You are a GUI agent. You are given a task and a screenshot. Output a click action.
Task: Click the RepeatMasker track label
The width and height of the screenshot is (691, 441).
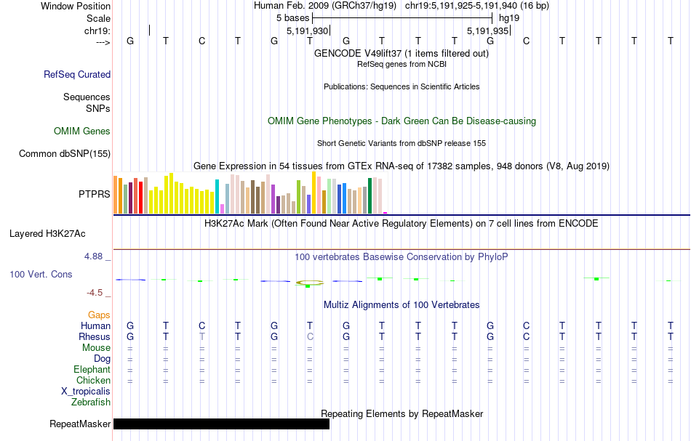(80, 424)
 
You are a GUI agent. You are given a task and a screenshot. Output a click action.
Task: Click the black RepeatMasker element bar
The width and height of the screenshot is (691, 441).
(221, 424)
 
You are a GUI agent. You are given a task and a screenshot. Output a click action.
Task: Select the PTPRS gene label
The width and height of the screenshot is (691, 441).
(94, 194)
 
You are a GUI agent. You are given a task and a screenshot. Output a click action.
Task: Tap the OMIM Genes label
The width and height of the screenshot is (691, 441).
(82, 132)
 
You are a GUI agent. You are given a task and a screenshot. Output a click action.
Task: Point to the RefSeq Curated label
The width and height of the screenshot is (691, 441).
(77, 74)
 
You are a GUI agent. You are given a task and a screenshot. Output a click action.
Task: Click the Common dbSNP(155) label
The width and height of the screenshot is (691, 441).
(65, 154)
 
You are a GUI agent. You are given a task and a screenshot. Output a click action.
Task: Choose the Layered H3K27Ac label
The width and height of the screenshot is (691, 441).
(47, 234)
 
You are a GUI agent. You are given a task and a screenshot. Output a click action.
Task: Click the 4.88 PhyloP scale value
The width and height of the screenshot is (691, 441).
(97, 256)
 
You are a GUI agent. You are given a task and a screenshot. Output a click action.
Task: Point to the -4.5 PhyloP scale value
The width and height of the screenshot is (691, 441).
(97, 293)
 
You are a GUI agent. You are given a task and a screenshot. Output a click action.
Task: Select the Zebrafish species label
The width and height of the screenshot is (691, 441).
(91, 402)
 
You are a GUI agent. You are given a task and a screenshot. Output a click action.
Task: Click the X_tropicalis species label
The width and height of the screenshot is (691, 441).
(86, 391)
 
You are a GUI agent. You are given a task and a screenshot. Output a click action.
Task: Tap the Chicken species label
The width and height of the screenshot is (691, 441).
(93, 380)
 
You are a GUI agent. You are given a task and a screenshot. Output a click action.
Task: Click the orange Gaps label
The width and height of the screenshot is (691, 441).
(99, 315)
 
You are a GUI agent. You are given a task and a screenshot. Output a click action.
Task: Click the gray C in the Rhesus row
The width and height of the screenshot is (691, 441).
(310, 337)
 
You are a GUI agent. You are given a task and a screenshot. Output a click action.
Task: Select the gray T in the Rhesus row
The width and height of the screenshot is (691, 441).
(202, 337)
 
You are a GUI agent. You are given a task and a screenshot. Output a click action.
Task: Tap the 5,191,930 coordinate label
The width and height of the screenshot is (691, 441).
(308, 31)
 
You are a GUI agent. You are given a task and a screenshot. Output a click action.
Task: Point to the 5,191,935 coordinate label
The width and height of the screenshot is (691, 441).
(487, 31)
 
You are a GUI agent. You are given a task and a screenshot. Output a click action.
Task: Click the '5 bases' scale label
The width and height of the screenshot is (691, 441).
(292, 17)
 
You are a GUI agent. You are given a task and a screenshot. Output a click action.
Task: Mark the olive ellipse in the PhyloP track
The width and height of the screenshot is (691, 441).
(310, 282)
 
